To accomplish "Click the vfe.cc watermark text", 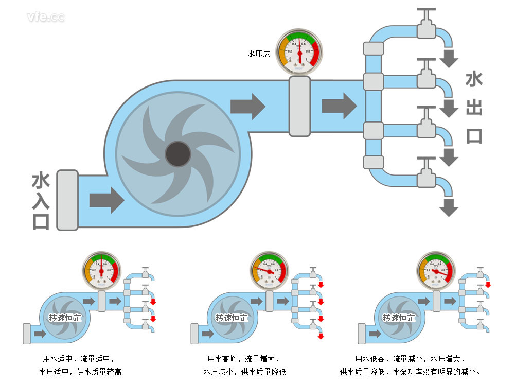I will (x=46, y=17).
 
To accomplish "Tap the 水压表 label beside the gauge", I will (x=259, y=53).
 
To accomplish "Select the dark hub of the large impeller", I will (x=177, y=153).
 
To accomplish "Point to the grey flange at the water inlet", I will (x=67, y=200).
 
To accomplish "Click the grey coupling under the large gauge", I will (x=299, y=106).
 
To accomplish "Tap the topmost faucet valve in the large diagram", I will (x=425, y=25).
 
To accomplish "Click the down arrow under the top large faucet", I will (x=450, y=58).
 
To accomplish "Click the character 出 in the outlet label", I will (x=473, y=108).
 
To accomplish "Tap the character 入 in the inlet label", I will (x=41, y=200).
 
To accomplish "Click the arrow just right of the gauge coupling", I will (x=339, y=106).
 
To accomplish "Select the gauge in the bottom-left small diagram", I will (x=101, y=270).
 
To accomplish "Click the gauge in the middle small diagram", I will (x=268, y=270).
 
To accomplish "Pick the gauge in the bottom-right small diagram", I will (x=435, y=270).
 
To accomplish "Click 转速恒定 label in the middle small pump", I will (x=232, y=318).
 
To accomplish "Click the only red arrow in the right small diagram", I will (x=488, y=285).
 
